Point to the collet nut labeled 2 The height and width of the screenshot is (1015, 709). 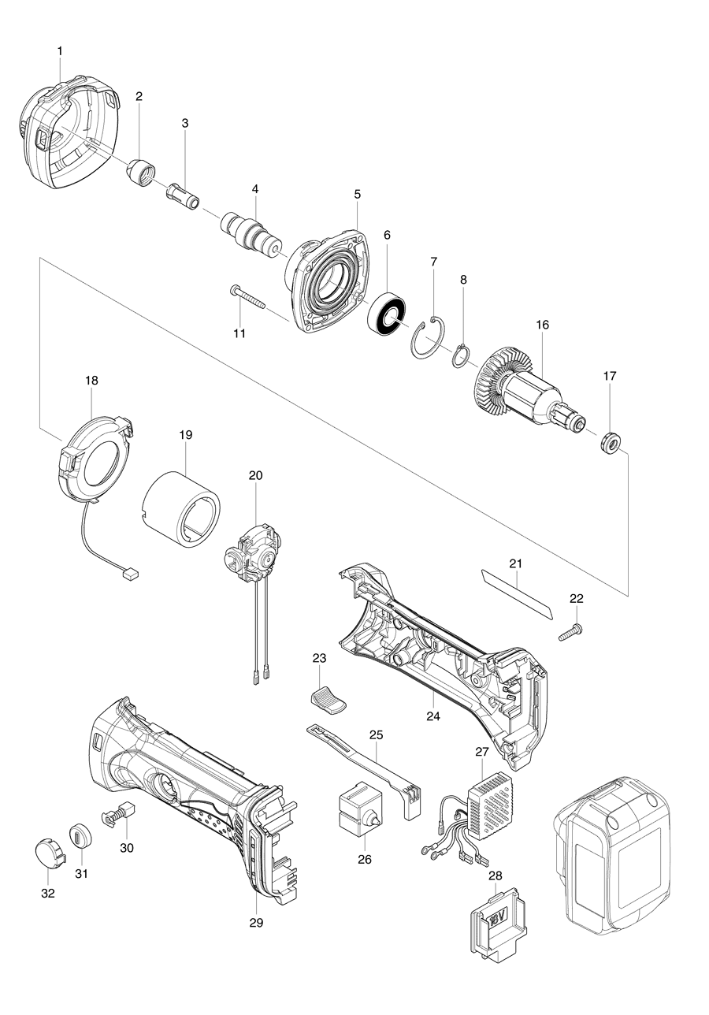(x=142, y=171)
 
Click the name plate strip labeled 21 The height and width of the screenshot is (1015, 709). (x=517, y=597)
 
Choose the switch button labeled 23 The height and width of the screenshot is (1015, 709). (x=325, y=699)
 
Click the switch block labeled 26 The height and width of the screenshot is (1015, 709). (x=359, y=807)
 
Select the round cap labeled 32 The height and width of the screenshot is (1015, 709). (x=46, y=852)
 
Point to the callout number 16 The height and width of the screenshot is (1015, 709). (x=542, y=325)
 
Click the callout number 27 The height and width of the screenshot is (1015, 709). (x=482, y=752)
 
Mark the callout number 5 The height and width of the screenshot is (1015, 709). (x=357, y=193)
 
